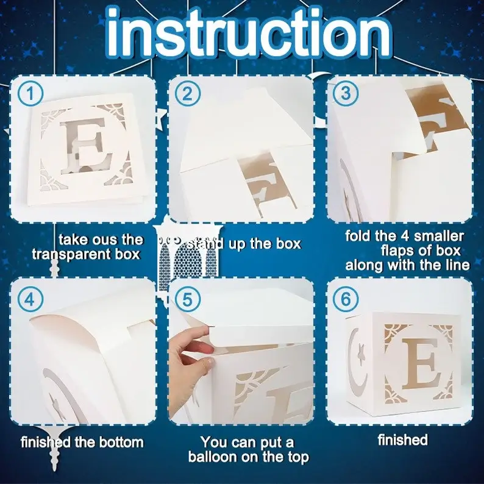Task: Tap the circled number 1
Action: click(30, 94)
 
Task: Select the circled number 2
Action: click(188, 94)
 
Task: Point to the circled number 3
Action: click(346, 93)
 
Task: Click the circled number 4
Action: click(30, 299)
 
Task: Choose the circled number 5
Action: click(188, 299)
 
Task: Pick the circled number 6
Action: click(346, 299)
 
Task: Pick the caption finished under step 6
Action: click(403, 440)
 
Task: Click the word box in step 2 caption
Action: click(288, 244)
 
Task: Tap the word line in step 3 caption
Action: click(458, 265)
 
